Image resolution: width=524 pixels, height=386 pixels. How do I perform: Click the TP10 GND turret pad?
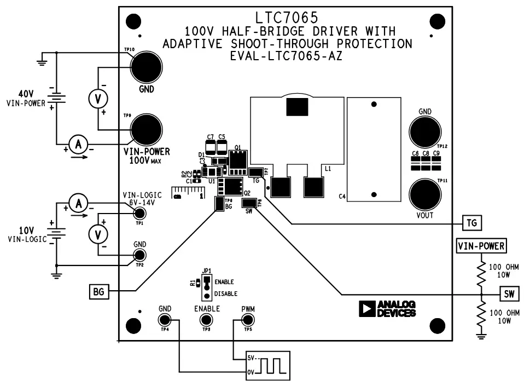(x=146, y=67)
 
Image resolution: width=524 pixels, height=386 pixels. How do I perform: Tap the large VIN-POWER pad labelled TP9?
(x=146, y=130)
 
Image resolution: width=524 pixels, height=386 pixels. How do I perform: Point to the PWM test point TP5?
(x=247, y=321)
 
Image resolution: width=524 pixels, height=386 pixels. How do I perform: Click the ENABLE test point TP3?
(x=207, y=321)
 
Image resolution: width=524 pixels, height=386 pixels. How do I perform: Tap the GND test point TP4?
(x=165, y=321)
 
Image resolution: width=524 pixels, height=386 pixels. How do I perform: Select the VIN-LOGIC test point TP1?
(x=139, y=214)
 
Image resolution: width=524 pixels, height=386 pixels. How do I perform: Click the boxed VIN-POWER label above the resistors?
(x=481, y=246)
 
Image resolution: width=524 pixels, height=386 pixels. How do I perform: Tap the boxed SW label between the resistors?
(x=508, y=293)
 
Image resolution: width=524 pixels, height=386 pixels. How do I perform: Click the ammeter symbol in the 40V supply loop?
(x=79, y=145)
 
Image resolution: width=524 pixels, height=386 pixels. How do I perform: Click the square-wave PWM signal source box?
(x=267, y=365)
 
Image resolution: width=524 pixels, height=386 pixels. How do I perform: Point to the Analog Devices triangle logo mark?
(x=365, y=309)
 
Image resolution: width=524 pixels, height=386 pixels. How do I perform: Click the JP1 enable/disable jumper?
(x=206, y=286)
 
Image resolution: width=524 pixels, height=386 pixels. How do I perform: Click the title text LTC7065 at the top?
(x=286, y=18)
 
